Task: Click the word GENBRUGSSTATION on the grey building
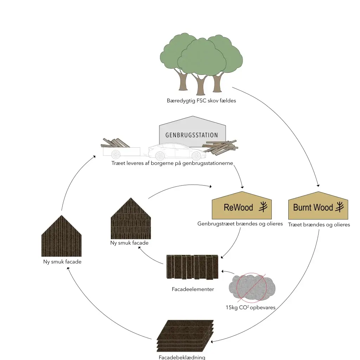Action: (192, 135)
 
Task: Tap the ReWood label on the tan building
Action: (238, 207)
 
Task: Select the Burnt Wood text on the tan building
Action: (313, 207)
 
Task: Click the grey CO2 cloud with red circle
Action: (251, 288)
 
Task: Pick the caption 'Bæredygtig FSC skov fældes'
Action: (201, 101)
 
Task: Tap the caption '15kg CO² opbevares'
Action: (250, 307)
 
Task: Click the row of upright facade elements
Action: (192, 267)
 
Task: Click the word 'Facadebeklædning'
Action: (182, 357)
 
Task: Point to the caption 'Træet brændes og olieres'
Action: (319, 225)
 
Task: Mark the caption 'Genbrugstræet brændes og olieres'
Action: (240, 224)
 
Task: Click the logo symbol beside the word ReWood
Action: (263, 207)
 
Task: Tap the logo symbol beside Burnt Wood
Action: (340, 207)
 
